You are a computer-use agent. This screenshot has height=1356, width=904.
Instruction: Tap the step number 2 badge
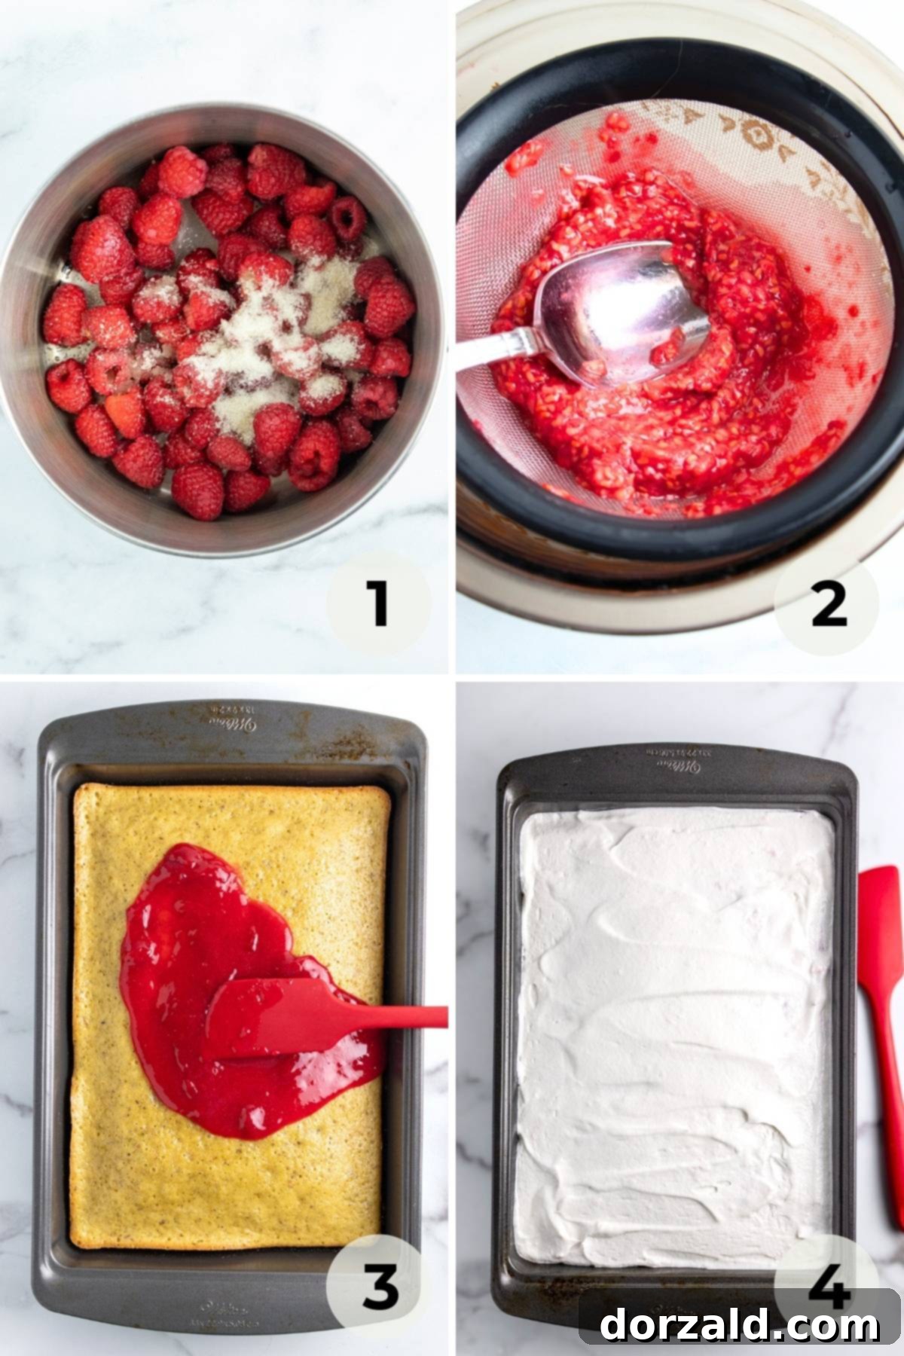828,605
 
